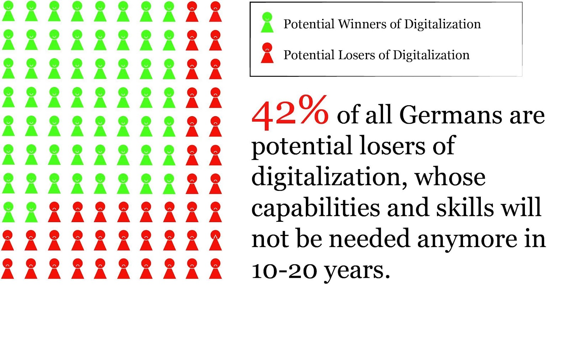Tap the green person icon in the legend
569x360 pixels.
tap(267, 23)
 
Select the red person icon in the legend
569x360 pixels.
tap(267, 53)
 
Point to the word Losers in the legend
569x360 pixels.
tap(356, 55)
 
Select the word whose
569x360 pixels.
tap(450, 177)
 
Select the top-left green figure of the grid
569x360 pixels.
tap(8, 11)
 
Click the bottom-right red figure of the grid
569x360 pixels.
tap(215, 269)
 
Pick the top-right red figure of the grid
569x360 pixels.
tap(215, 11)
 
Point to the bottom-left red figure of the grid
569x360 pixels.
tap(8, 269)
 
